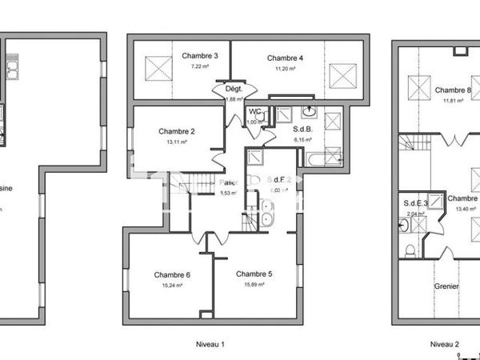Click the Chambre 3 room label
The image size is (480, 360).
[200, 56]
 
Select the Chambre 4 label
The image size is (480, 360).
[285, 58]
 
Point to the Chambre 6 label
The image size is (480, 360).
[172, 275]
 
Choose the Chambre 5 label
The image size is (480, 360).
[254, 274]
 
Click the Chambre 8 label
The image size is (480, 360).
[453, 90]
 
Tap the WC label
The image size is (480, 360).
[255, 112]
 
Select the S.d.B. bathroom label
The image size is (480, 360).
[302, 129]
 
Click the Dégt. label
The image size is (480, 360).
[234, 89]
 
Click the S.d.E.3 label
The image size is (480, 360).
[416, 203]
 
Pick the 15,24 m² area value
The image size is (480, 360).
[172, 286]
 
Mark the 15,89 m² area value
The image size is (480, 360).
[254, 285]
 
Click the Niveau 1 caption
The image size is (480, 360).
[210, 344]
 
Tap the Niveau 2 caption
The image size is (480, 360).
[445, 344]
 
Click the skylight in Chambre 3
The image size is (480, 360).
[159, 64]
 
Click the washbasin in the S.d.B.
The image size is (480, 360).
[310, 113]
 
